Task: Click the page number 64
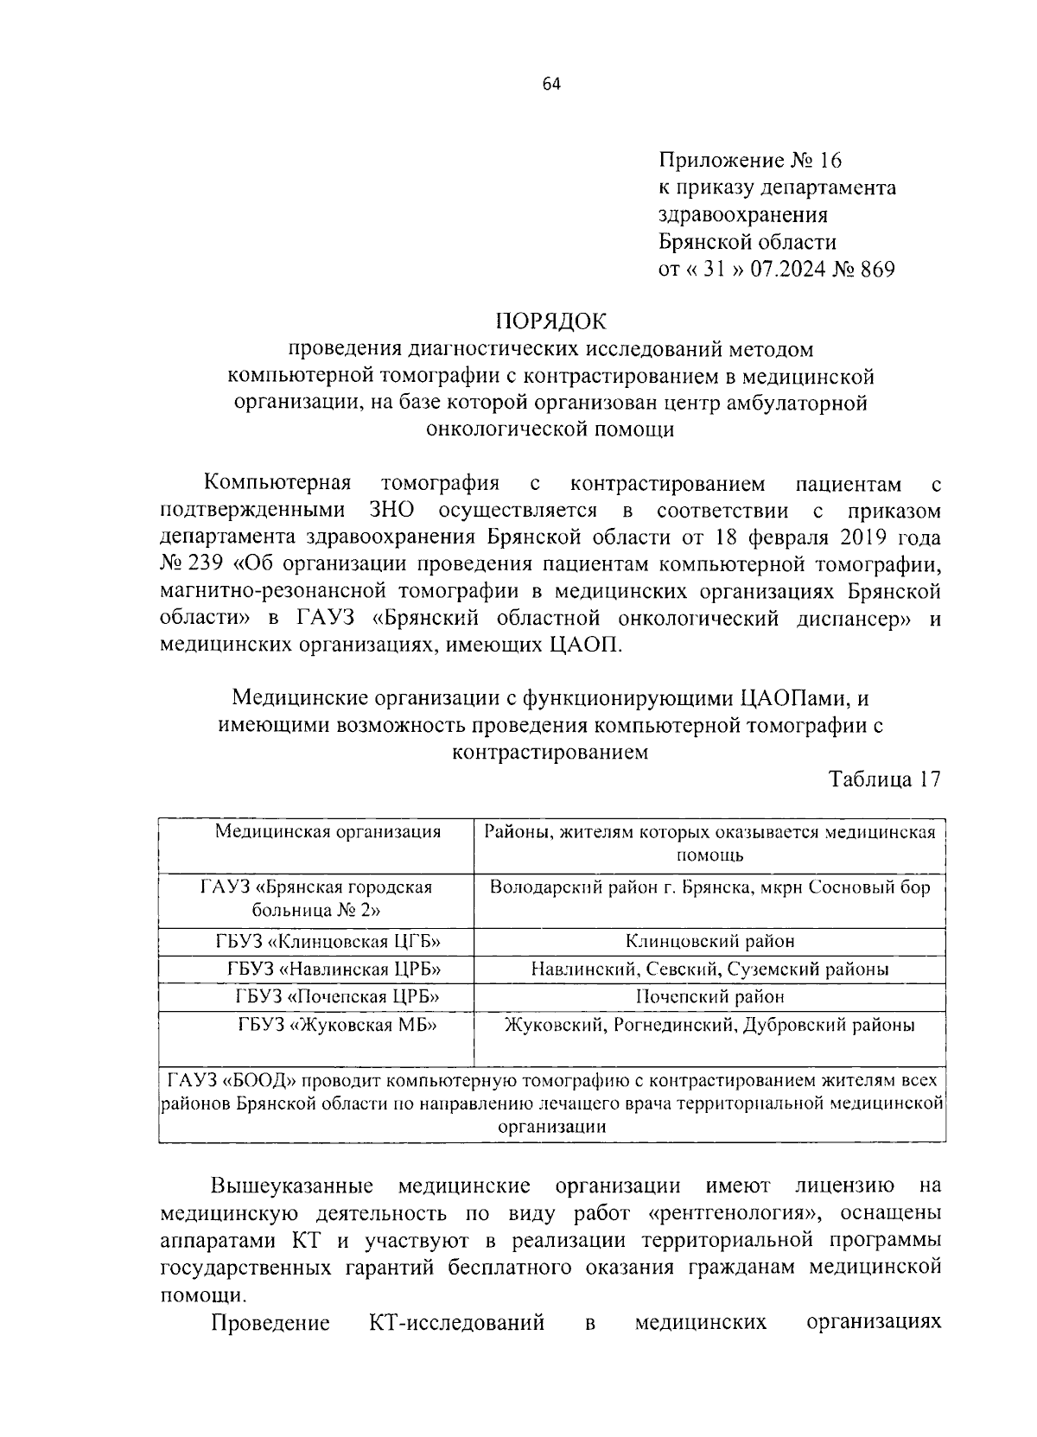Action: pyautogui.click(x=551, y=84)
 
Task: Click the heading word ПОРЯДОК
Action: pyautogui.click(x=551, y=322)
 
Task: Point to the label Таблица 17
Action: pyautogui.click(x=884, y=779)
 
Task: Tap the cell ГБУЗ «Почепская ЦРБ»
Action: pyautogui.click(x=338, y=996)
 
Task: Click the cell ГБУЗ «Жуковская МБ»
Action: pyautogui.click(x=338, y=1025)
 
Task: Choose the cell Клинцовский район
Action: pyautogui.click(x=709, y=941)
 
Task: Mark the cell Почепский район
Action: pyautogui.click(x=709, y=996)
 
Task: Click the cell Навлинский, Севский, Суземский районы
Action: pyautogui.click(x=709, y=969)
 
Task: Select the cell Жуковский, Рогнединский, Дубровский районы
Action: pyautogui.click(x=709, y=1025)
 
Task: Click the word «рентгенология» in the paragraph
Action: pyautogui.click(x=733, y=1213)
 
